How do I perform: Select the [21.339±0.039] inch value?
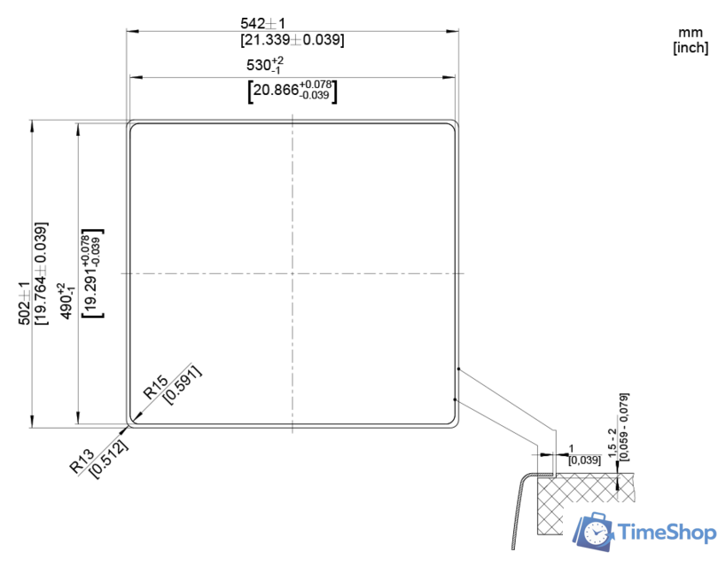(292, 40)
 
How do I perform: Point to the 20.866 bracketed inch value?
(293, 90)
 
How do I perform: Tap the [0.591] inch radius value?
(183, 384)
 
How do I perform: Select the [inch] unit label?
(691, 48)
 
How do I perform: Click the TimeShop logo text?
(666, 532)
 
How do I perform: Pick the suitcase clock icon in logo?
(594, 532)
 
